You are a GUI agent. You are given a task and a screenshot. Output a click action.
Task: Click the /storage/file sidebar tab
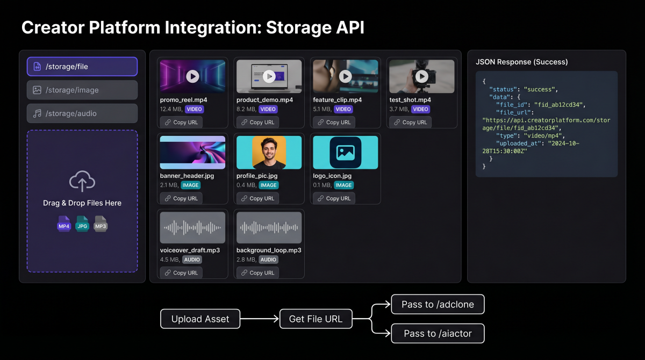(82, 67)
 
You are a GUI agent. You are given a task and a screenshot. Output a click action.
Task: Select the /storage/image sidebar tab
(82, 90)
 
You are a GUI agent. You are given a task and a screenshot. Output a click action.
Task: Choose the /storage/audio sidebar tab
(82, 113)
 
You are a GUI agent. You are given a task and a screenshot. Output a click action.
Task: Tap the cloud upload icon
(82, 182)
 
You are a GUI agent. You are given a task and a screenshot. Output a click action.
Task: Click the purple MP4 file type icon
(64, 224)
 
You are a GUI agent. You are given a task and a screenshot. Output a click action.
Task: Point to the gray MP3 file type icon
(101, 224)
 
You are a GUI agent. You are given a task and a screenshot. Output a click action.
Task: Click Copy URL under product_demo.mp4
(257, 122)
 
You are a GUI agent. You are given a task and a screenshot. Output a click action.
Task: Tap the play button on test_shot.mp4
(422, 76)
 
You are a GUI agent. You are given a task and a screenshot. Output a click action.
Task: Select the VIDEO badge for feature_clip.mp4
(343, 109)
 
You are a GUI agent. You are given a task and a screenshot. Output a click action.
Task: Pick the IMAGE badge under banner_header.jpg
(190, 185)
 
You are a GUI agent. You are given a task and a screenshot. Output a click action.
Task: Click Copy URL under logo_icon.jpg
(333, 198)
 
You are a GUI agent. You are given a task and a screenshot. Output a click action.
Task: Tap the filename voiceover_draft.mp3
(190, 250)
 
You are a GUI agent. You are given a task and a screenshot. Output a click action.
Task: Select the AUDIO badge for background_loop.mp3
(268, 260)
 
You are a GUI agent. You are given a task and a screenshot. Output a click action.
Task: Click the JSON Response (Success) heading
(521, 62)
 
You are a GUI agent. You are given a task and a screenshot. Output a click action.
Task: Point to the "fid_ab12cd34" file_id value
(557, 105)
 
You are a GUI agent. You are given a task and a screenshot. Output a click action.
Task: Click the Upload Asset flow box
(200, 319)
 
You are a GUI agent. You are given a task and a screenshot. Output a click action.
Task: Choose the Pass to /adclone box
(438, 305)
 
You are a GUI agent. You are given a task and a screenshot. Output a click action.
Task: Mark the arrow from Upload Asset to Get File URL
(260, 319)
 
